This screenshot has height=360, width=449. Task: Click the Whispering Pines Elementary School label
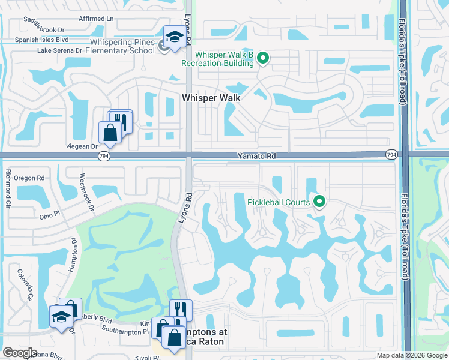[123, 46]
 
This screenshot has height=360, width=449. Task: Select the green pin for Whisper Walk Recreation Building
[262, 58]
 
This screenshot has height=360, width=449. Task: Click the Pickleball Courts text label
[279, 202]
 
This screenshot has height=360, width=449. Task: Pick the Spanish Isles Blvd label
[43, 40]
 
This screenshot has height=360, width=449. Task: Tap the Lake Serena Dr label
[59, 50]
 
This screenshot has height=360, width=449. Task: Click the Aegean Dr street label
[83, 146]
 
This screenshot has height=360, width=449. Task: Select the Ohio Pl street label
[51, 216]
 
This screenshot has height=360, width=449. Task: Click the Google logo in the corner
[20, 353]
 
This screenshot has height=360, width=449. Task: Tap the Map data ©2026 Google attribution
[412, 355]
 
